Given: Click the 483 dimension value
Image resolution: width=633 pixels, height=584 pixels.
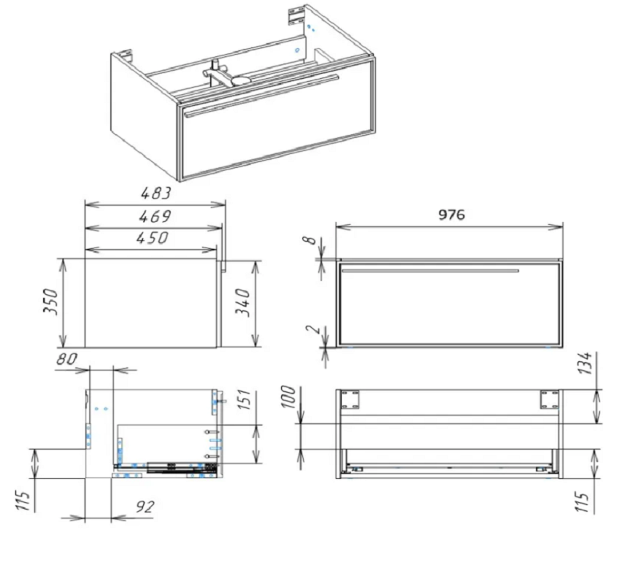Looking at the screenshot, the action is click(x=156, y=193).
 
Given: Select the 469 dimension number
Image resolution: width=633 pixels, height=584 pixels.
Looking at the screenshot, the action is click(x=155, y=216).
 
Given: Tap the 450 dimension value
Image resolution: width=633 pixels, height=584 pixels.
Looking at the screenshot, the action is click(x=152, y=238).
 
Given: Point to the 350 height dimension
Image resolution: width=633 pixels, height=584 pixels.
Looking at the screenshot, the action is click(x=51, y=301).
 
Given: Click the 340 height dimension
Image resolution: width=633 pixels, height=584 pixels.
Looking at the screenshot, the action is click(x=243, y=303).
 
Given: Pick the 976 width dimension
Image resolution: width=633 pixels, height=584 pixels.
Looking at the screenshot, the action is click(x=452, y=215).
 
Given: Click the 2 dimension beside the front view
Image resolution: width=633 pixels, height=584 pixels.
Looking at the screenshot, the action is click(x=312, y=329).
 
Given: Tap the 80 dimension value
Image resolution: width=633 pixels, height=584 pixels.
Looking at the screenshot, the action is click(x=66, y=358).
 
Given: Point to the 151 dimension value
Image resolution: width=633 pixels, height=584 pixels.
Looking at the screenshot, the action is click(x=245, y=399).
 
